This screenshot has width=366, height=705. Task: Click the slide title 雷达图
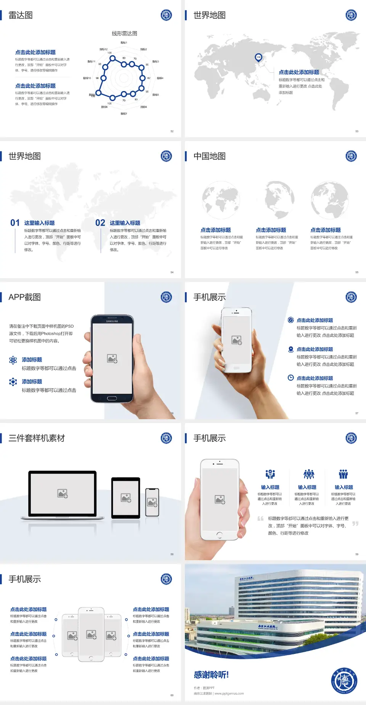click(21, 15)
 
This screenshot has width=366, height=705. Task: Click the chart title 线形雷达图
click(124, 34)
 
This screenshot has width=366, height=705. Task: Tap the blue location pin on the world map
click(258, 57)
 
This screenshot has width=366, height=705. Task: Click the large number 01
click(15, 223)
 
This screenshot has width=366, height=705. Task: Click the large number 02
click(100, 223)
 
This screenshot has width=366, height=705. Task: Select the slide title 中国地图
click(209, 156)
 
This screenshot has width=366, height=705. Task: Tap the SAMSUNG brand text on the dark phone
click(112, 321)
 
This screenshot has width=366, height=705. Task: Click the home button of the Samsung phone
click(112, 398)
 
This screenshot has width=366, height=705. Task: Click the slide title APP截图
click(24, 297)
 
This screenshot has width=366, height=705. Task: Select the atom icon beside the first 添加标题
click(13, 360)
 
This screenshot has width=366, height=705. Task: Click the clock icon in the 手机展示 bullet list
click(291, 378)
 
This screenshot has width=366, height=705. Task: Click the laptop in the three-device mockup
click(63, 494)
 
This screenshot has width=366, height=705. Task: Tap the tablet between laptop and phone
click(126, 497)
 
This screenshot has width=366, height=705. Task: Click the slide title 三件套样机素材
click(37, 438)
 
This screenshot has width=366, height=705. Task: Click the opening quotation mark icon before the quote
click(260, 519)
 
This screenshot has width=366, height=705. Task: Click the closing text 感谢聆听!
click(211, 675)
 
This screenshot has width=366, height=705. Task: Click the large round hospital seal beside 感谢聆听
click(344, 680)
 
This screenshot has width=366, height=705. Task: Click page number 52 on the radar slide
click(172, 131)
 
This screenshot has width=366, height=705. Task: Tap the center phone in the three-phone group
click(91, 634)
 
